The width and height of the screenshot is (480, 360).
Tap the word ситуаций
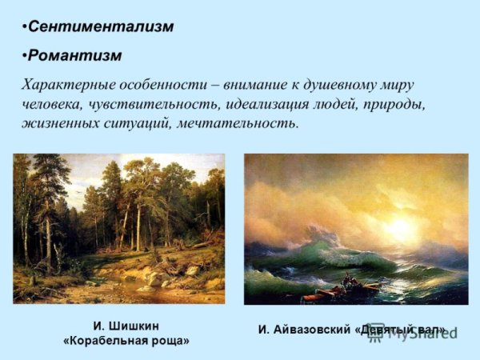pyautogui.click(x=145, y=124)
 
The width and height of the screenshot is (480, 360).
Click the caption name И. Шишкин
pyautogui.click(x=126, y=326)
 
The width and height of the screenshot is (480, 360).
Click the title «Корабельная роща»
pyautogui.click(x=126, y=342)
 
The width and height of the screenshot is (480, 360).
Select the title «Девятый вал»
pyautogui.click(x=403, y=330)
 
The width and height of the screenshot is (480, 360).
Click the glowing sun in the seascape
pyautogui.click(x=398, y=228)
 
